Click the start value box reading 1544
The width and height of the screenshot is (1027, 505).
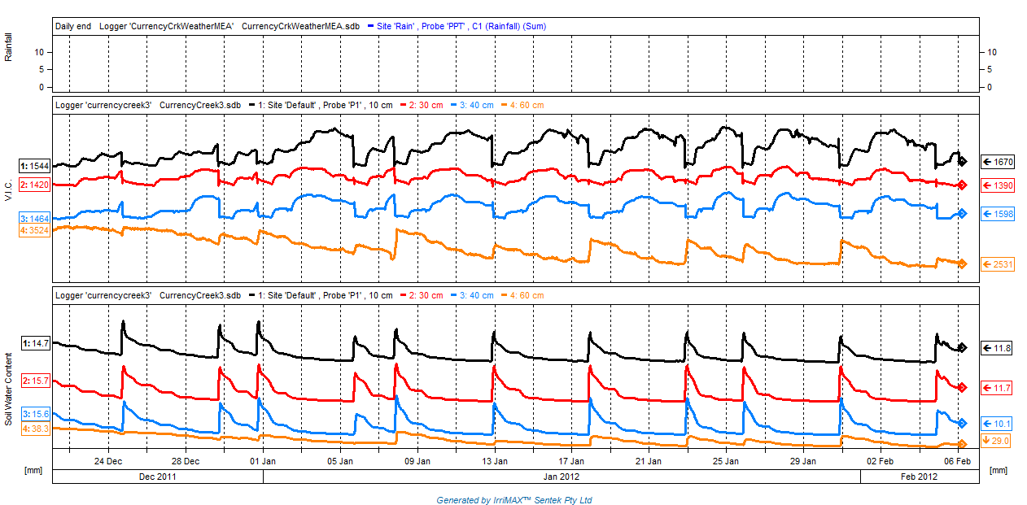[35, 166]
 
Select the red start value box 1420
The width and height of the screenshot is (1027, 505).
[35, 185]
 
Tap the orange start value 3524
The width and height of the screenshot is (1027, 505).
[35, 231]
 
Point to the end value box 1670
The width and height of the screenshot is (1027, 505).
[998, 162]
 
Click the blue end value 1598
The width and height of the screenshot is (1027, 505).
[998, 214]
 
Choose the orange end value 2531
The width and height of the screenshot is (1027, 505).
[998, 264]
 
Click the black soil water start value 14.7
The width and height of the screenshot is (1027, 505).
[36, 344]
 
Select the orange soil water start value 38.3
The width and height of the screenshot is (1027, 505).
[35, 429]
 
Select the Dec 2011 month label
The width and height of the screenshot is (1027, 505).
[158, 477]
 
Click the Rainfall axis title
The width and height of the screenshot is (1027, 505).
[8, 47]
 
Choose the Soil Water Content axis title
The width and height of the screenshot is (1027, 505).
[8, 389]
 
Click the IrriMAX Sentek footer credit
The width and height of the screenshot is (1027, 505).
[513, 499]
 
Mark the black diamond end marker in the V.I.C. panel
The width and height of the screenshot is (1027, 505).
[962, 160]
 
